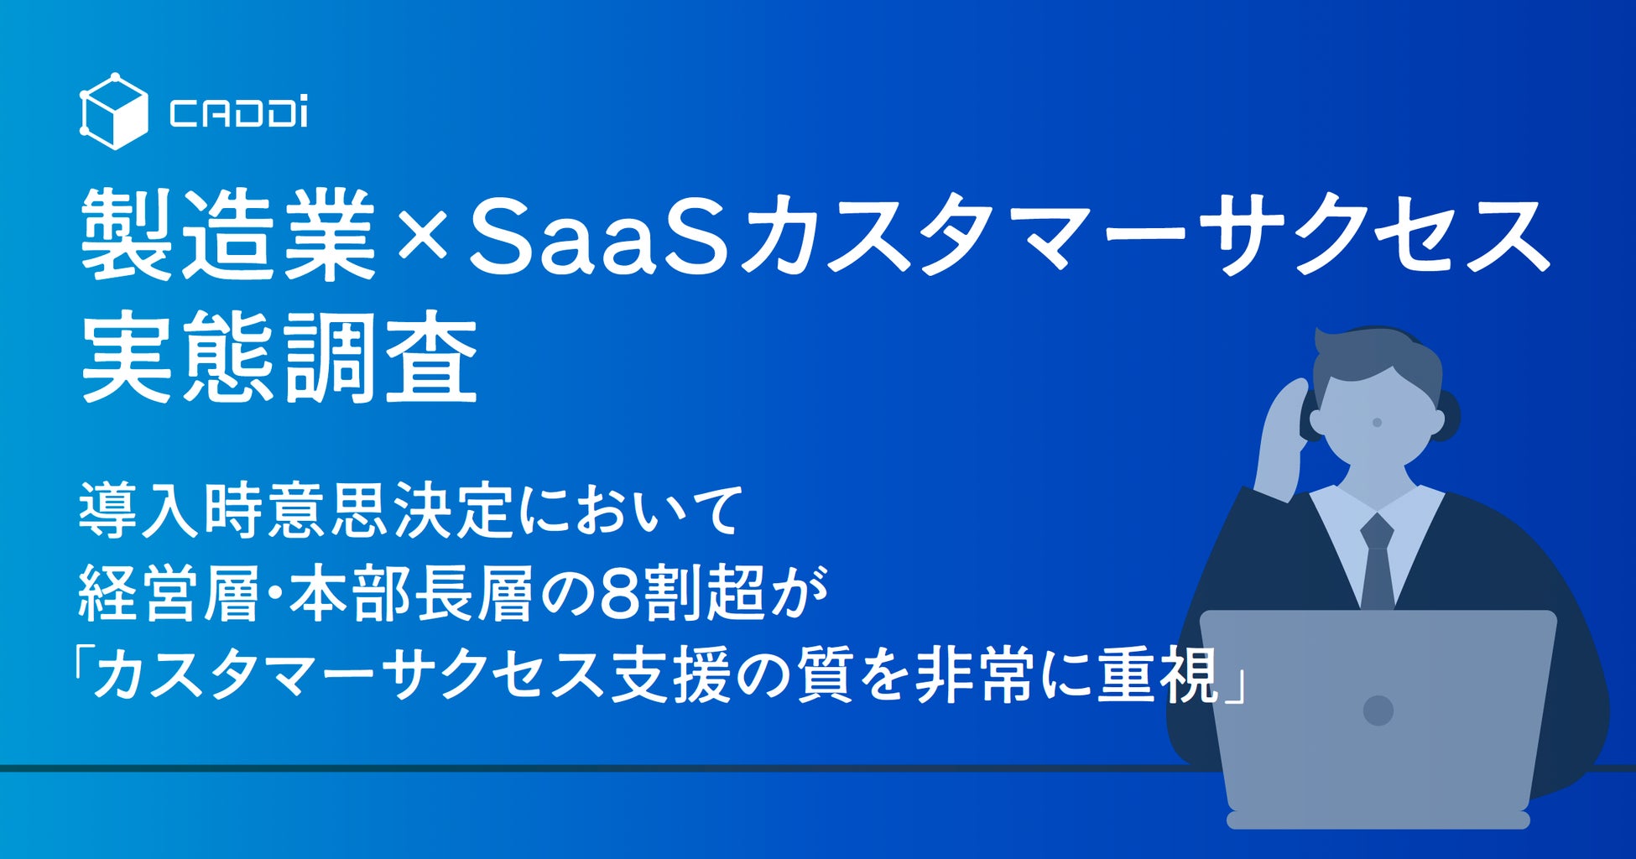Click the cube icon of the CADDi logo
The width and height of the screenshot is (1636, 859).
coord(113,111)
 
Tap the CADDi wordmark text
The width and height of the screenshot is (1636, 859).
coord(238,113)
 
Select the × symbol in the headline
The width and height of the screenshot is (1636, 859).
coord(423,236)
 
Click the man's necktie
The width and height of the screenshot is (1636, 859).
coord(1377,561)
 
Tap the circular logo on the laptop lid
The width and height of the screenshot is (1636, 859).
coord(1378,710)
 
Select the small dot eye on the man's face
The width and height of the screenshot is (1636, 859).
coord(1377,422)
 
